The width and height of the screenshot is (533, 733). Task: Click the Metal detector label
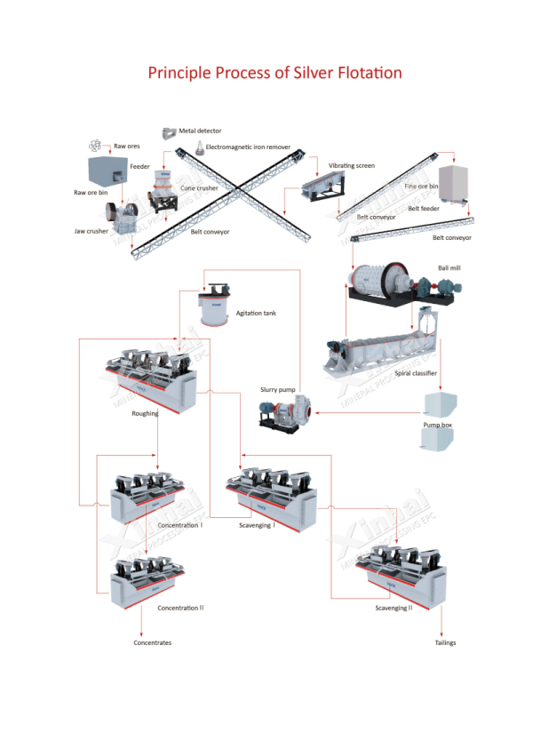(200, 131)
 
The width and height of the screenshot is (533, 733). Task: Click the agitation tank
(214, 306)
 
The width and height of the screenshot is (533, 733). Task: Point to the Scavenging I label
(257, 526)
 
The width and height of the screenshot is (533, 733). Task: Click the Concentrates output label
(153, 642)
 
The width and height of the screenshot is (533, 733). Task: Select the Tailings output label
(445, 642)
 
